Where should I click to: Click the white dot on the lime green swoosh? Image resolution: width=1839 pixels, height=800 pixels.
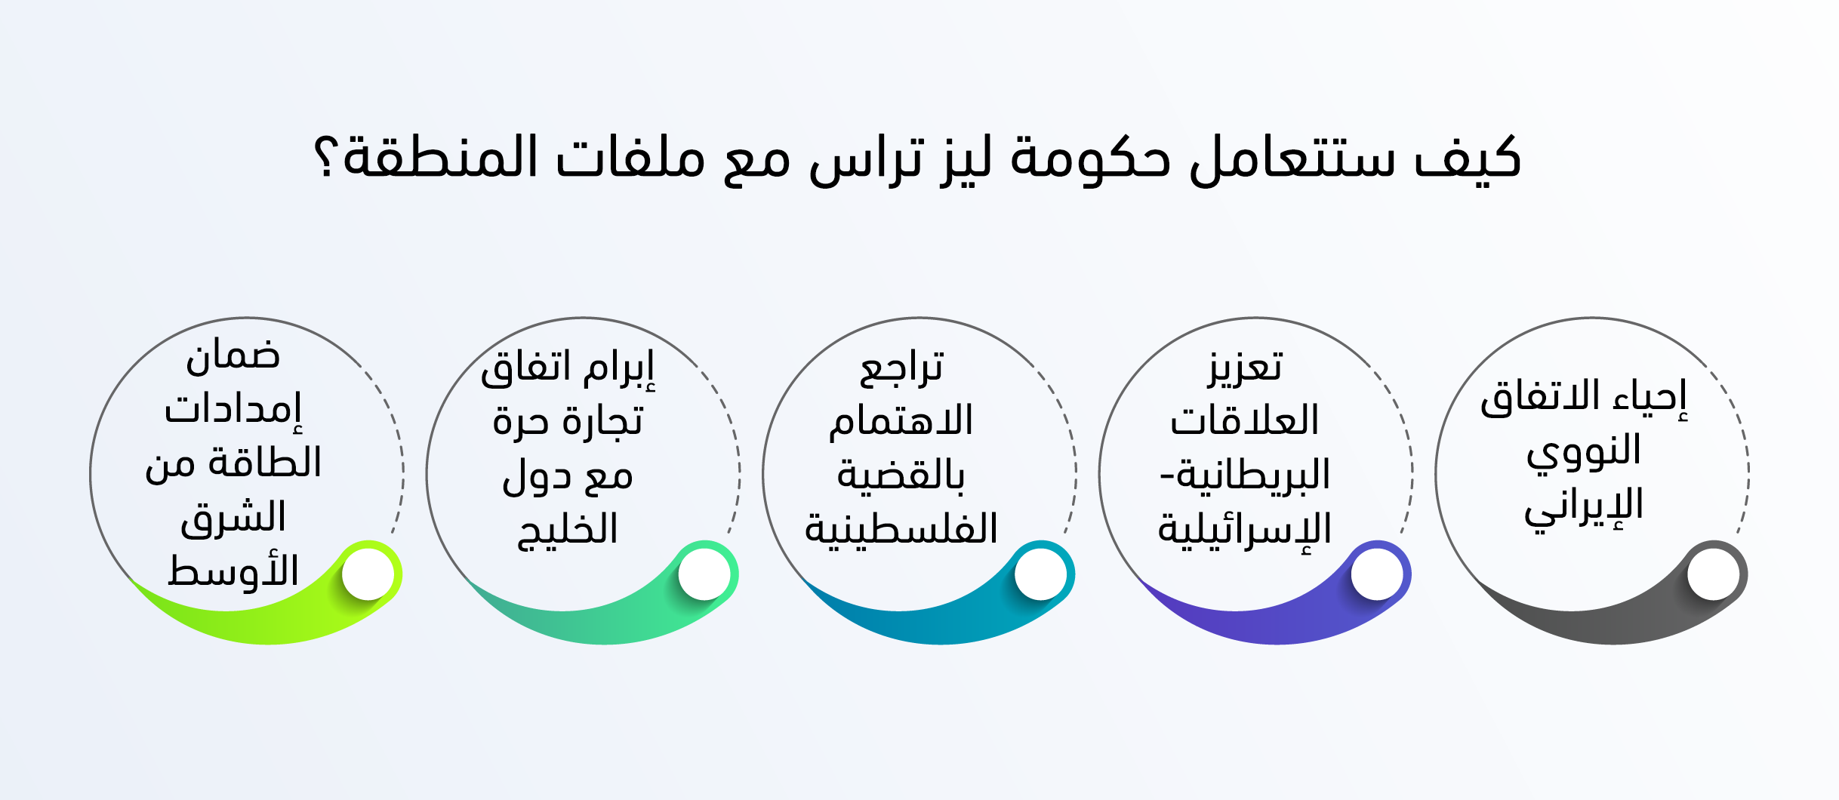tap(368, 574)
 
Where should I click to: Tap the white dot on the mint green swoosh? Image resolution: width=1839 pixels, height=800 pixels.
tap(704, 574)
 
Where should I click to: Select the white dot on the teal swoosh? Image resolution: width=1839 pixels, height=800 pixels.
tap(1041, 574)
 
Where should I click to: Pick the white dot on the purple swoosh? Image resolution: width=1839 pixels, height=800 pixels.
tap(1377, 574)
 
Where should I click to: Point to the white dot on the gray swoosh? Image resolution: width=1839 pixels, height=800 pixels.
tap(1714, 574)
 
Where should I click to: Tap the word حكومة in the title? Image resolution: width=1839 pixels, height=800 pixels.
tap(1090, 158)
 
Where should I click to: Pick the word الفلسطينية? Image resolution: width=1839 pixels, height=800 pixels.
tap(901, 528)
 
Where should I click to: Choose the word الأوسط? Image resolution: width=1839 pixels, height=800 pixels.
tap(233, 571)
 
